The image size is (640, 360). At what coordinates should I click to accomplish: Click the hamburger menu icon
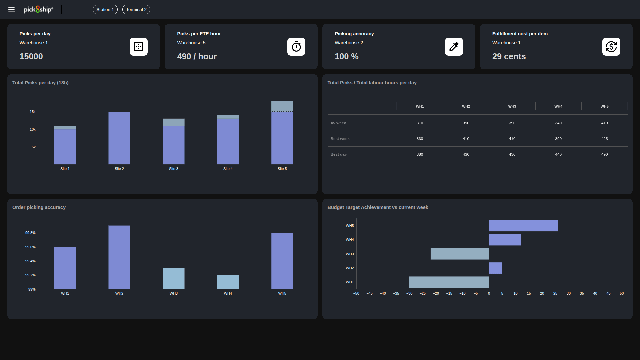click(11, 10)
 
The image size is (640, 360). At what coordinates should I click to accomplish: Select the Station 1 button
click(105, 10)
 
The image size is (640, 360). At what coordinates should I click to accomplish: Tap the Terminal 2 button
click(136, 10)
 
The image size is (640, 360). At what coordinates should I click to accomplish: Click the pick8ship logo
click(38, 10)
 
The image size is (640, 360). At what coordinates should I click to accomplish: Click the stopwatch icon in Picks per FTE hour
click(296, 47)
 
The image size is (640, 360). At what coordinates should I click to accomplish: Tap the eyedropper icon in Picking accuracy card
click(454, 47)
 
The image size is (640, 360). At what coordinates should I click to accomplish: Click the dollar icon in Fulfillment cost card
click(611, 47)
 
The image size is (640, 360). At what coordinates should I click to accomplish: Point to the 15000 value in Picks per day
click(31, 56)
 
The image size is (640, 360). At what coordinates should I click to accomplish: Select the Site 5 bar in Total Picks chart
click(282, 133)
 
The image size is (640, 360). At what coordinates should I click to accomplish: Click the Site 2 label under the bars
click(119, 169)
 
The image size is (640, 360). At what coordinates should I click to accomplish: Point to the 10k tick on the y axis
click(33, 129)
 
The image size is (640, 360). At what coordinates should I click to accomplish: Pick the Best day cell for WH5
click(604, 154)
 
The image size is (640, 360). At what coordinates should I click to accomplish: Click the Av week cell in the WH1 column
click(420, 123)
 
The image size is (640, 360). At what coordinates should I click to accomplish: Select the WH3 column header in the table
click(512, 106)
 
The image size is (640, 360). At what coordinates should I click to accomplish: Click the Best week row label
click(340, 139)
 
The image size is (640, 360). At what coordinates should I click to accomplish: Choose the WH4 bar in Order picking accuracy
click(228, 282)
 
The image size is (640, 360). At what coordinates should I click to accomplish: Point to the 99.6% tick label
click(30, 247)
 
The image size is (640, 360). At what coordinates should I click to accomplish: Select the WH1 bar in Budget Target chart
click(449, 282)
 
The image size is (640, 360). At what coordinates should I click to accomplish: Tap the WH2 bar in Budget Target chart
click(495, 268)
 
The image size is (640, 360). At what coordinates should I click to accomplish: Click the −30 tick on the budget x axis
click(409, 293)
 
